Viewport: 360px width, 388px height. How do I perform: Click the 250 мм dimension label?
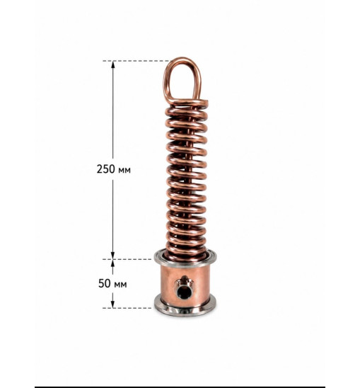[113, 169]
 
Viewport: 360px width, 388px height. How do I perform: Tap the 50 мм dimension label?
[112, 284]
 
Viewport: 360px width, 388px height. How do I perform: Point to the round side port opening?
[184, 291]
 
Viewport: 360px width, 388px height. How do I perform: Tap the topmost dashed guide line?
[137, 61]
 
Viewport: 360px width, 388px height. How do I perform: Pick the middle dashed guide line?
[127, 259]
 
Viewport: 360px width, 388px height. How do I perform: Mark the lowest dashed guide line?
[127, 308]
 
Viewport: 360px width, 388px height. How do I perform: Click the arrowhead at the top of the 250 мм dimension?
[113, 64]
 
